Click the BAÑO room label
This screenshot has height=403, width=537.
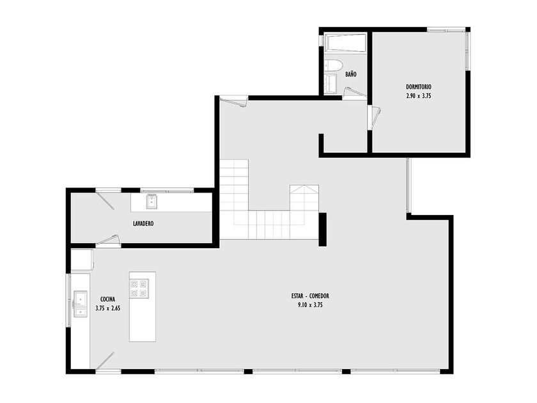(351, 74)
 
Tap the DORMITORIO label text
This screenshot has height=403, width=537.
(419, 87)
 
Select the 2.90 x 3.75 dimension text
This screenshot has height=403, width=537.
(419, 96)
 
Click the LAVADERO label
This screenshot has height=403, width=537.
(143, 223)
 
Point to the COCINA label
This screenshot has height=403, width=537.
(107, 299)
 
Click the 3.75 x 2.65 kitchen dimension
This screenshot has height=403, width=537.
(108, 308)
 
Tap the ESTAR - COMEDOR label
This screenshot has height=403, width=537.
(310, 296)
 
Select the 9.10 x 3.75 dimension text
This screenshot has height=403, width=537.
(310, 304)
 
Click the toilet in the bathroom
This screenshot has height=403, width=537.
(333, 65)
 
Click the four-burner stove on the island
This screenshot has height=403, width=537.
(139, 288)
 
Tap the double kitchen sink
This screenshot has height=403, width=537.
(81, 304)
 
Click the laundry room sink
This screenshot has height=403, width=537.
(152, 201)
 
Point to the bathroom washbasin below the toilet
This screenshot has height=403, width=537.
(331, 84)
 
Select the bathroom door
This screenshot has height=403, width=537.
(354, 93)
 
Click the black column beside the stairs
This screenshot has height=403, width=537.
(323, 229)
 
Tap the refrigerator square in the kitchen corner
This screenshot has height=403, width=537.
(82, 260)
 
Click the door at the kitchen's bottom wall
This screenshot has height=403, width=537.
(105, 361)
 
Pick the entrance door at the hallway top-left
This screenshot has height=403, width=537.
(233, 102)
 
